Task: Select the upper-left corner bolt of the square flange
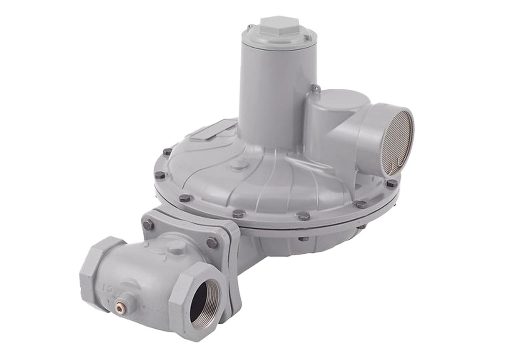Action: (x=148, y=224)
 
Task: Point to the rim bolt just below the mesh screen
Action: (x=392, y=183)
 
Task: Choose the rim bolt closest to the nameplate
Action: (x=168, y=152)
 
